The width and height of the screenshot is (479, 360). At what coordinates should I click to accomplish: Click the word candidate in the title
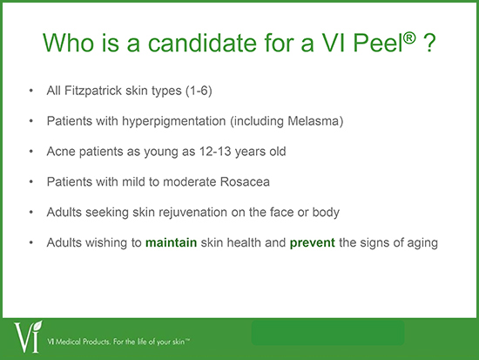coord(202,42)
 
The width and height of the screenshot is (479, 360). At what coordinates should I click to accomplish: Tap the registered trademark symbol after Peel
coord(409,37)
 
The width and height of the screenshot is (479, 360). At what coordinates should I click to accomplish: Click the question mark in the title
coord(429,43)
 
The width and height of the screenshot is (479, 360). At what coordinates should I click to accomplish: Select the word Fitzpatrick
coord(93,91)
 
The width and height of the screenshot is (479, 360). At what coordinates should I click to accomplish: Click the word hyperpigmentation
coord(174,121)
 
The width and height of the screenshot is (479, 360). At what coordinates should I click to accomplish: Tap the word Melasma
coord(314,121)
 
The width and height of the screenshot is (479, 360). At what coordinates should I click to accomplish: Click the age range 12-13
coord(215,152)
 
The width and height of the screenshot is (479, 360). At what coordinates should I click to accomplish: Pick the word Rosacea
coord(245,182)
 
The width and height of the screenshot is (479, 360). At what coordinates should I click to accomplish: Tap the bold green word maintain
coord(171,242)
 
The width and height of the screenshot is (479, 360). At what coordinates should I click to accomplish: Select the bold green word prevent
coord(312,243)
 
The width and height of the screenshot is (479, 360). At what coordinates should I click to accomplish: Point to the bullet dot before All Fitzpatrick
coord(31,91)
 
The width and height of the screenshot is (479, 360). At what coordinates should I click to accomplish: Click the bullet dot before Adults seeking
coord(31,212)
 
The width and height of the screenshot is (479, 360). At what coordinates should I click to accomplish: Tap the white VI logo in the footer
coord(28,336)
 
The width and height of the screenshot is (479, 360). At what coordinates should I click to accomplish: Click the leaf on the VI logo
coord(37,325)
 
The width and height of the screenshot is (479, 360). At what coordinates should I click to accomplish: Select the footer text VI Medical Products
coord(78,342)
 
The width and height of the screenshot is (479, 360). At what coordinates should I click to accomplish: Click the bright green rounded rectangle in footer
coord(327,333)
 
